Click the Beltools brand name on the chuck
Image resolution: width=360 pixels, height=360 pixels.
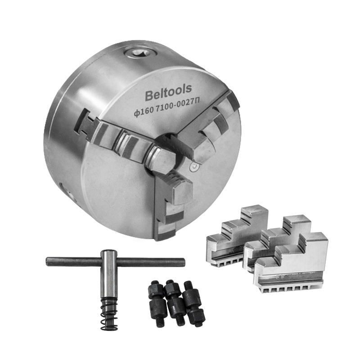coord(168,92)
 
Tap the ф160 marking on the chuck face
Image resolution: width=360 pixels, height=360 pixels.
coord(144,112)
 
